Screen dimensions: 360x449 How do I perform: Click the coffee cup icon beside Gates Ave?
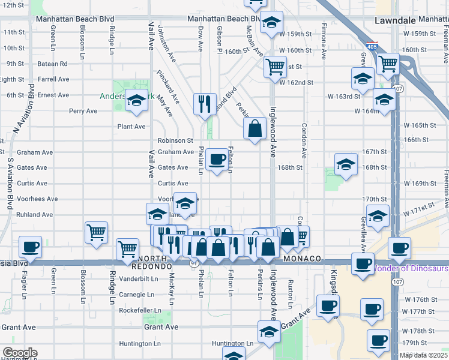(217, 160)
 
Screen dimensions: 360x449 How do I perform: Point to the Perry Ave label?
(83, 110)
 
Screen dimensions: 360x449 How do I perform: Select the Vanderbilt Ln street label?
(138, 278)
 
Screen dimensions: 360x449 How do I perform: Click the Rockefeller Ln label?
(140, 310)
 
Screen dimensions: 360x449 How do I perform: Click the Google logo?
(19, 353)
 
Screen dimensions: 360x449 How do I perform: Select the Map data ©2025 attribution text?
(424, 355)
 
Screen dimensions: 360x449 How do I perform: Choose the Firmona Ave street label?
(324, 41)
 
